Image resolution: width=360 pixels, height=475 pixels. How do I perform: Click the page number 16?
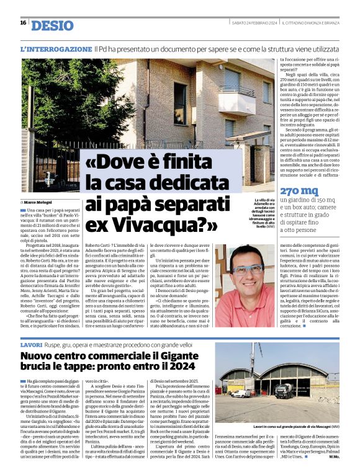[x=22, y=23]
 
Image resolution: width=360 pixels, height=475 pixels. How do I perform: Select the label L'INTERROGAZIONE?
[x=56, y=48]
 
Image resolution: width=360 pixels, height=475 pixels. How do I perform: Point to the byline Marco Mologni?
[x=40, y=202]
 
